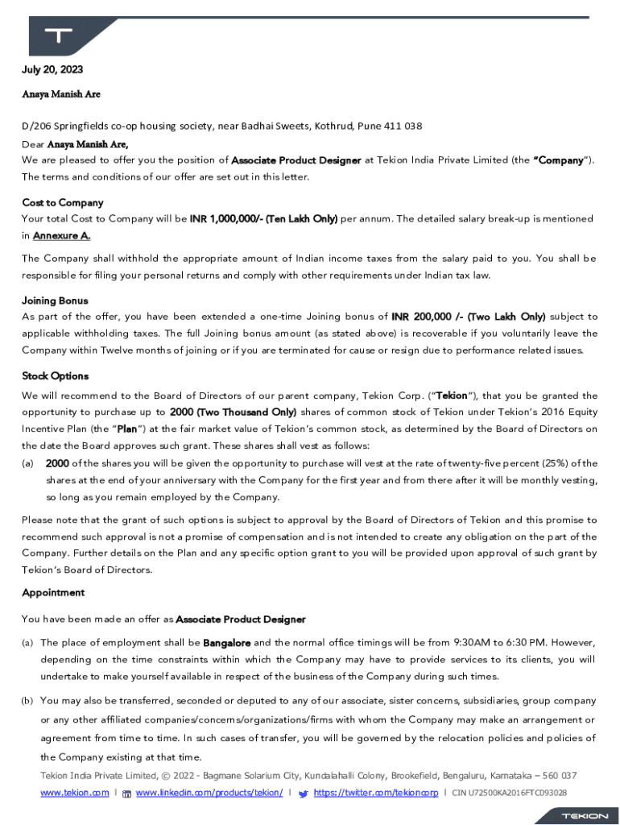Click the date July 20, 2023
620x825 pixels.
(52, 70)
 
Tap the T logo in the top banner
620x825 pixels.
(59, 35)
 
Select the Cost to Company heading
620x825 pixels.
(62, 202)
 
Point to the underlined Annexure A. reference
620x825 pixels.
(61, 235)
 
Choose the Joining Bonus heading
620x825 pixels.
(55, 301)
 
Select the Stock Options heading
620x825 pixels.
(55, 376)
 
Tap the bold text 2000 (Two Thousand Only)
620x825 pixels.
(233, 412)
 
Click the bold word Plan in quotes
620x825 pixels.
(126, 429)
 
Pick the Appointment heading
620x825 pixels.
(53, 592)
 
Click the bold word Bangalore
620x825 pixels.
(226, 643)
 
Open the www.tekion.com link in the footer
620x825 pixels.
(75, 793)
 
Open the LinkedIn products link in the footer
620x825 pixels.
(209, 793)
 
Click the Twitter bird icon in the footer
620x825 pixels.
(303, 794)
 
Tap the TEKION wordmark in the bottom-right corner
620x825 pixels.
(585, 815)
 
